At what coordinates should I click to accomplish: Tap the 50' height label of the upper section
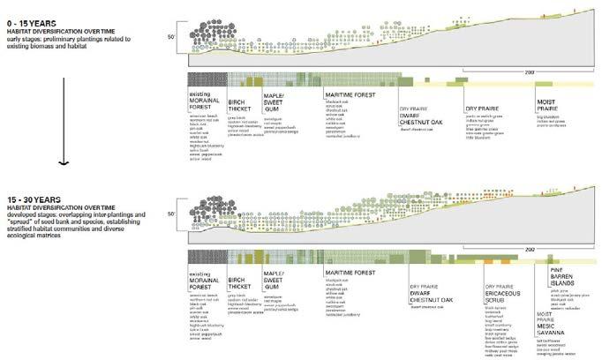pos(173,35)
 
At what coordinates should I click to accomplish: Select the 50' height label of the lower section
pos(173,214)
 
